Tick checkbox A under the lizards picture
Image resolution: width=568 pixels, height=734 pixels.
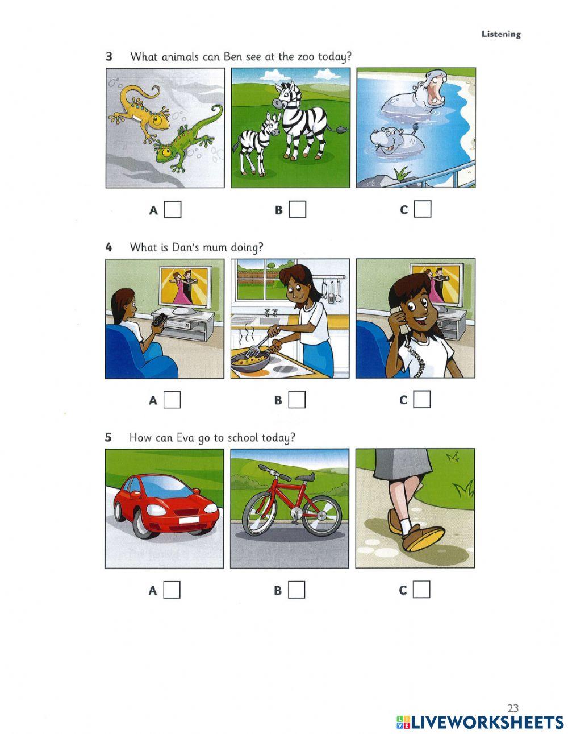tap(173, 210)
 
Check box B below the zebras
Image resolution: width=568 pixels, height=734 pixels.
tap(297, 210)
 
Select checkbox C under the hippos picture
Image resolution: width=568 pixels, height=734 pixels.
tap(422, 210)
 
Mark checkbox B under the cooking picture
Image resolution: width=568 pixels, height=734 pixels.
tap(296, 400)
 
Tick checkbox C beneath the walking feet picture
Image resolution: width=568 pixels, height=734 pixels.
tap(421, 590)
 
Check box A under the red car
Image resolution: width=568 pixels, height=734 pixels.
tap(172, 590)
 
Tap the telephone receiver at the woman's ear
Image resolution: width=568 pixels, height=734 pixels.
tap(404, 322)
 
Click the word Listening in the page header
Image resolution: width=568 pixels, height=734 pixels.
tap(500, 34)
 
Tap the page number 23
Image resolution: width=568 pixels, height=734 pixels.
tap(513, 708)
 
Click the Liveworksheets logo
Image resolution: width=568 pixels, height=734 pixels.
tap(480, 722)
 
